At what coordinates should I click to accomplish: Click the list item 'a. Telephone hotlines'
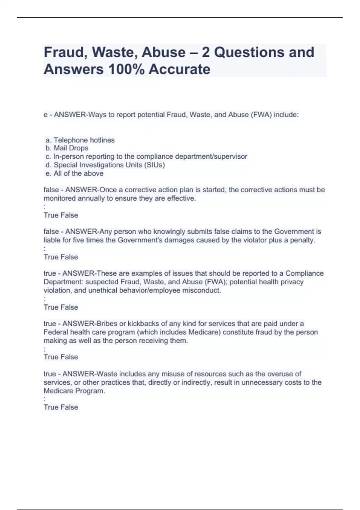(x=80, y=140)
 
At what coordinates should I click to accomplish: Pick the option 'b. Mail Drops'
(x=67, y=148)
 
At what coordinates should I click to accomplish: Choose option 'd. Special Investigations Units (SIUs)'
(x=105, y=165)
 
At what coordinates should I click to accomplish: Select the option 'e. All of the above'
(x=75, y=173)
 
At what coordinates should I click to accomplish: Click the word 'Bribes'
(x=107, y=324)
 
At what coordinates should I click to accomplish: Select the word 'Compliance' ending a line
(x=304, y=273)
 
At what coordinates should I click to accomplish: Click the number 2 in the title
(x=205, y=52)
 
